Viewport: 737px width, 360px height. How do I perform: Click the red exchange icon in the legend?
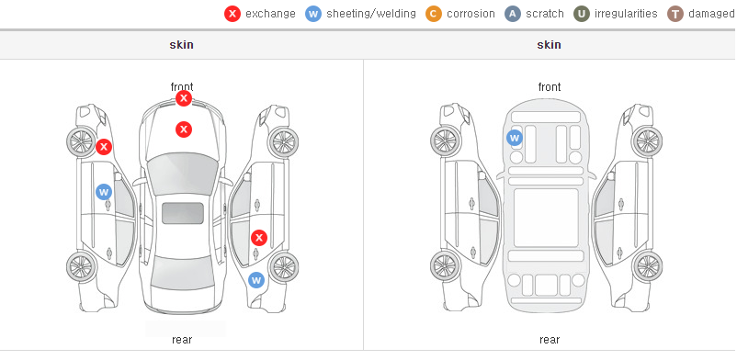tap(232, 14)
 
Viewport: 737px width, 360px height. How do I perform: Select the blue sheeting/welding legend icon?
tap(313, 14)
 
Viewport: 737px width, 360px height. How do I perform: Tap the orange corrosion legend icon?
tap(434, 14)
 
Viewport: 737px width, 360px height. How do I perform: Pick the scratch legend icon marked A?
tap(513, 14)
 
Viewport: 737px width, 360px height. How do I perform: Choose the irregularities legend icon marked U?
tap(582, 14)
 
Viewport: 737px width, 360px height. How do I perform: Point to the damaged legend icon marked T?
tap(675, 14)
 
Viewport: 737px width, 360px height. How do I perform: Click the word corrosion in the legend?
tap(471, 14)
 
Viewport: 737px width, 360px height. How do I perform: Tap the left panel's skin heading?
tap(181, 45)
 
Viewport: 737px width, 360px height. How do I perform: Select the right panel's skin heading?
tap(549, 45)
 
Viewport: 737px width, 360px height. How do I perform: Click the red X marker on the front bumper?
tap(184, 98)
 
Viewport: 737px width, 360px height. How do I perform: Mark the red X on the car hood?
tap(184, 129)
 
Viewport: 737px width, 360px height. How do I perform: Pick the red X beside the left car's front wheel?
tap(104, 147)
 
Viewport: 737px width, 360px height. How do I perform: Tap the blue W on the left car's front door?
tap(104, 192)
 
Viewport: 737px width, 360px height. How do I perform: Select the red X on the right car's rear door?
tap(259, 238)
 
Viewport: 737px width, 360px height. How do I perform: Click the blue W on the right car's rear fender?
tap(256, 280)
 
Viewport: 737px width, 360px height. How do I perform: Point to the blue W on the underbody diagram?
tap(515, 138)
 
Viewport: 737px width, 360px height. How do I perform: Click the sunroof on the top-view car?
tap(183, 213)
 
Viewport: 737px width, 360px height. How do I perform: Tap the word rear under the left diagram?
tap(182, 340)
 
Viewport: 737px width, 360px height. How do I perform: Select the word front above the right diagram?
tap(550, 87)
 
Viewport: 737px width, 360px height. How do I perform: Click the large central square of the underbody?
tap(546, 218)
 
